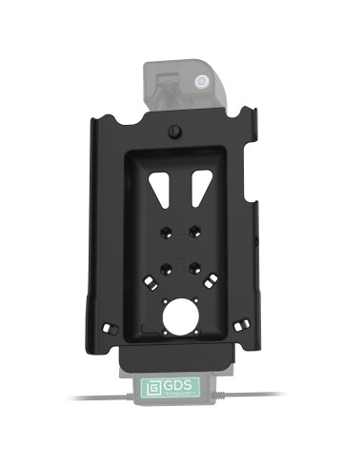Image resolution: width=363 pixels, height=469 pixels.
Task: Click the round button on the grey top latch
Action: point(202,82)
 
